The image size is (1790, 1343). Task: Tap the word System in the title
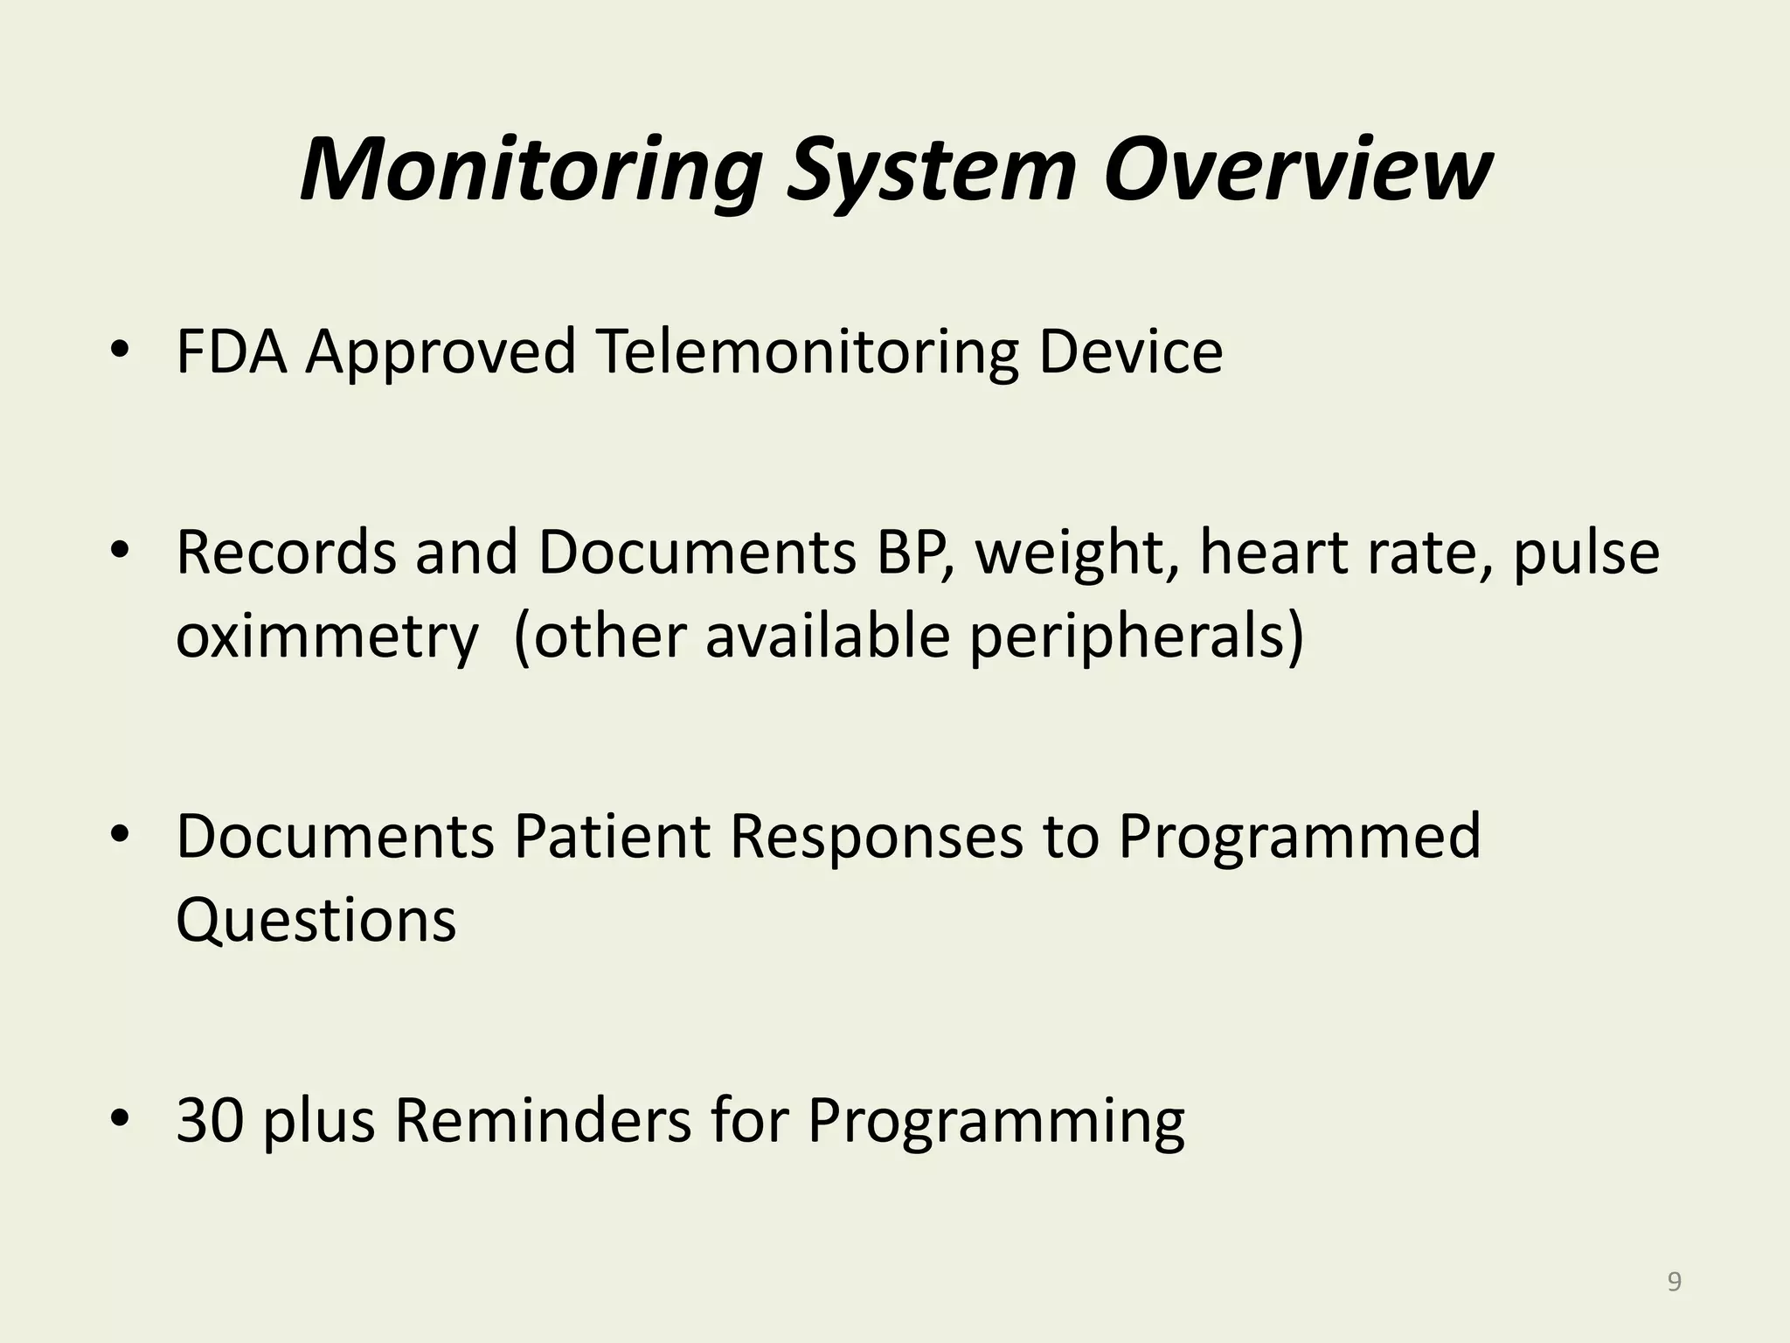click(x=929, y=170)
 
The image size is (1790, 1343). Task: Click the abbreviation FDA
click(x=232, y=352)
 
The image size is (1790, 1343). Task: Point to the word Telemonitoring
click(x=807, y=352)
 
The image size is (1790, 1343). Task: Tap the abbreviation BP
click(x=914, y=553)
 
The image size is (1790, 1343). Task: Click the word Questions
click(x=316, y=921)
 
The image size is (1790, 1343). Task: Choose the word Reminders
click(x=543, y=1122)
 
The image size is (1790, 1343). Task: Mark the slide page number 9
click(x=1674, y=1283)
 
